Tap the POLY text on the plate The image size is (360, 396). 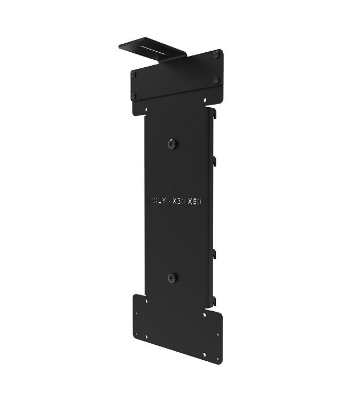156,202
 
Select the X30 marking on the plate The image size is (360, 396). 178,202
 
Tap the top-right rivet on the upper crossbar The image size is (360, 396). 216,54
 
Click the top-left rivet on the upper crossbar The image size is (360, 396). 134,74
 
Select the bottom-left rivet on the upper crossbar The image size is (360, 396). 134,96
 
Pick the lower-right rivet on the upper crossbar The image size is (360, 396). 216,80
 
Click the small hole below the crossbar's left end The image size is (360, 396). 143,111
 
